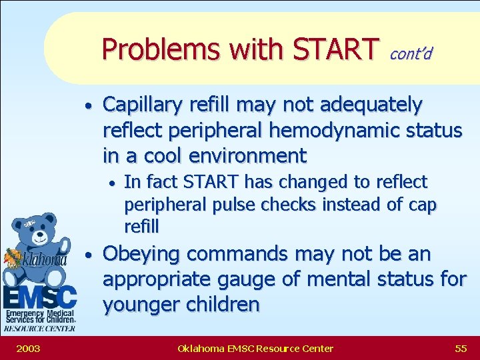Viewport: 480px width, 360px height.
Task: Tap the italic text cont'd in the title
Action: tap(411, 53)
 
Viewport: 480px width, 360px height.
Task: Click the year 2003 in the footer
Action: tap(28, 348)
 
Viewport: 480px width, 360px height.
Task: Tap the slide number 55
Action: tap(460, 348)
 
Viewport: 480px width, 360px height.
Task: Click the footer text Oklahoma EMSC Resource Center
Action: tap(255, 348)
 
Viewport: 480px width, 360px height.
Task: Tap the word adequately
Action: tap(371, 105)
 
